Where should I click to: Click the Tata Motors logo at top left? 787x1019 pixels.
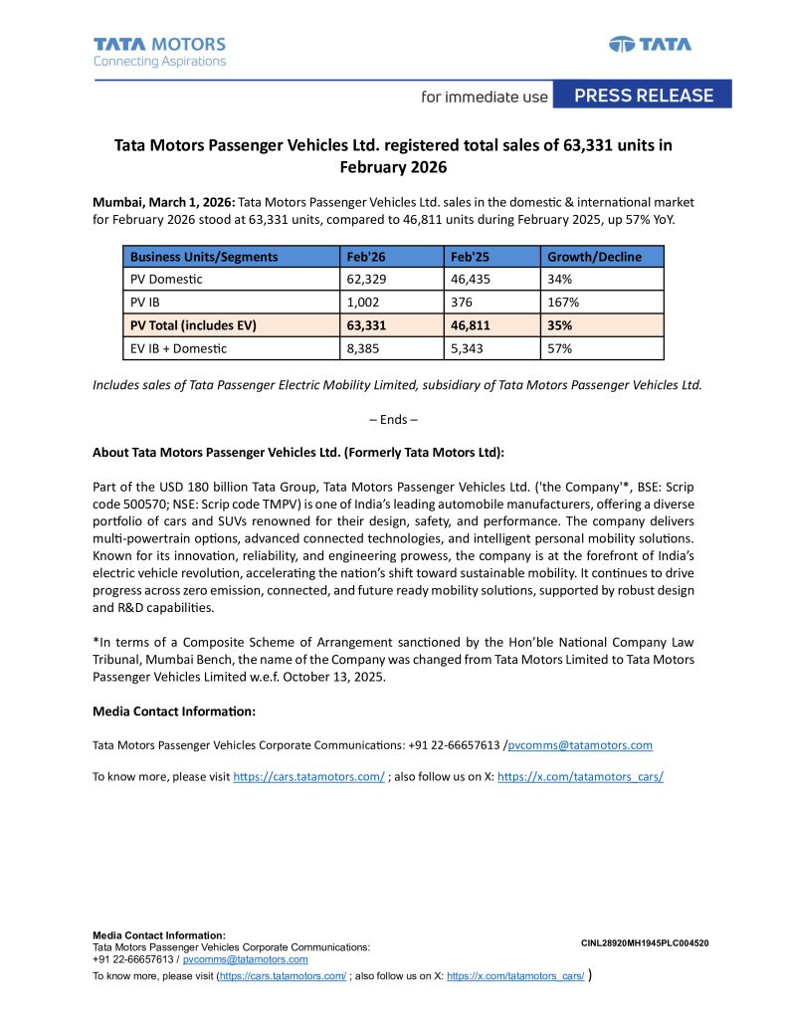[x=159, y=52]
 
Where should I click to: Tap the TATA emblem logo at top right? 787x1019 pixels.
[x=650, y=44]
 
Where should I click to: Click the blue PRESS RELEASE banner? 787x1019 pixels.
[x=644, y=96]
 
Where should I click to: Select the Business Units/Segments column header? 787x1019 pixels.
[x=204, y=257]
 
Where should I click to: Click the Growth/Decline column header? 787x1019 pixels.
[x=594, y=257]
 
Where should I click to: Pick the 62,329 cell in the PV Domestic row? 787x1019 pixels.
[x=366, y=280]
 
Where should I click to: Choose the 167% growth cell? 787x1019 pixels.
[x=562, y=303]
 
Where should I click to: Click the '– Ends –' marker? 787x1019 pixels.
[x=393, y=419]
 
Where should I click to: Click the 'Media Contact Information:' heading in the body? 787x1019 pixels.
[x=174, y=712]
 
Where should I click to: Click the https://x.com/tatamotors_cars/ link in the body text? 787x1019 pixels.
[x=580, y=776]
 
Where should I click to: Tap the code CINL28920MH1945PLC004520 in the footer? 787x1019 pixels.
[x=645, y=942]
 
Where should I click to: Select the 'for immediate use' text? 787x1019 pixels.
[x=485, y=97]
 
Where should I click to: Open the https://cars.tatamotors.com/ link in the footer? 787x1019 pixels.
[x=283, y=978]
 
